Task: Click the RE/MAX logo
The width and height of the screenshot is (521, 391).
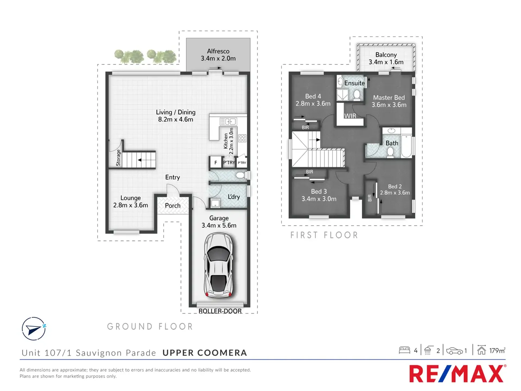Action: tap(458, 374)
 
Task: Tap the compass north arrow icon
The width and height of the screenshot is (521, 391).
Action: tap(34, 329)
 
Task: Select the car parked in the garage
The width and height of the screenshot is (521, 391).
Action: tap(219, 265)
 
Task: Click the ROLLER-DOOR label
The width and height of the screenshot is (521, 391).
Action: tap(220, 311)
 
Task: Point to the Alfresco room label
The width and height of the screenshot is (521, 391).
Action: tap(218, 51)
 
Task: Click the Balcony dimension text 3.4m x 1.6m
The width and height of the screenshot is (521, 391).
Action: tap(386, 62)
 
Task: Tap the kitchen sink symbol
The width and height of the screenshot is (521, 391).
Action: tap(228, 121)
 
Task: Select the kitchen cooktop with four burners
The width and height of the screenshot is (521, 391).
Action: tap(242, 138)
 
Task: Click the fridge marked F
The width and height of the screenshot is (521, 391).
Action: tap(216, 163)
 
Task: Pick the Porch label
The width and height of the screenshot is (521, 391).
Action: tap(173, 206)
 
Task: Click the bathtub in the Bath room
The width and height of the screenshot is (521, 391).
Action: tap(406, 146)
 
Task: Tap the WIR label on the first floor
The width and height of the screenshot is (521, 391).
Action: tap(350, 116)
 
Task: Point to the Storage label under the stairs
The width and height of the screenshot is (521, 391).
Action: tap(118, 158)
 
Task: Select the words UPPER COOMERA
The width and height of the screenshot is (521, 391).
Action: tap(205, 353)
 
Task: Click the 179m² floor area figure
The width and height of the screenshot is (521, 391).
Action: tap(497, 350)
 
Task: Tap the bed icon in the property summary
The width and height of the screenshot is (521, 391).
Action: tap(404, 350)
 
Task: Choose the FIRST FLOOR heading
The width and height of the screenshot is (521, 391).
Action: tap(324, 235)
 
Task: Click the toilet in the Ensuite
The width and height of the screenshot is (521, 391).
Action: tap(357, 95)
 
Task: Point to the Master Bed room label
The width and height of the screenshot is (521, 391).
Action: tap(389, 97)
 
